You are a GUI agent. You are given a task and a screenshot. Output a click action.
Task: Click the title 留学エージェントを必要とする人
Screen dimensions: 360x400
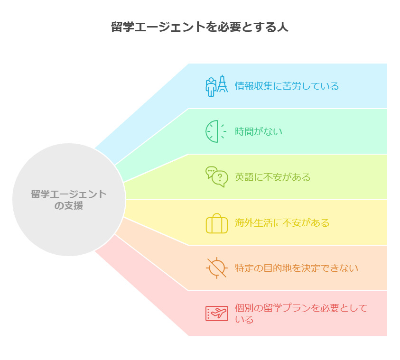pos(200,27)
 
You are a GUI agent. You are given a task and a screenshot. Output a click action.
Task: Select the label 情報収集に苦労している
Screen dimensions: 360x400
pos(287,86)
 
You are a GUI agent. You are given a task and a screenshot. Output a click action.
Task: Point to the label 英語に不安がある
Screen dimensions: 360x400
pos(272,177)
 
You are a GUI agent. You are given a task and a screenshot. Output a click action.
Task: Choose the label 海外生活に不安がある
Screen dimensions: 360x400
pos(282,223)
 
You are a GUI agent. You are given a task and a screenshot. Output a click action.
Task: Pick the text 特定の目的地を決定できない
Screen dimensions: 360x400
pos(296,268)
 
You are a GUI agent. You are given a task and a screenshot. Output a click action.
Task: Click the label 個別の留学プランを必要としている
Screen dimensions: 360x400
pos(301,314)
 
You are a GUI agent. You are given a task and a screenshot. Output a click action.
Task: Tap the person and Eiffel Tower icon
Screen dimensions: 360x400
pos(216,86)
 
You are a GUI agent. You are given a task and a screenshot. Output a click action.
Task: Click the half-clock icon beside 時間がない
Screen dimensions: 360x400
pos(216,131)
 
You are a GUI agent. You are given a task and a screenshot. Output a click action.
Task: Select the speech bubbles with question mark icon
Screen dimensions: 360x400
pos(216,177)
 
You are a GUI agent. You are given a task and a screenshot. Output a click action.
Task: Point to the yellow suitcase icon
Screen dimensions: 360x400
pos(216,223)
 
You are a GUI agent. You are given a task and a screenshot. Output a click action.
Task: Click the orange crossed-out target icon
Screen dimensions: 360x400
pos(216,268)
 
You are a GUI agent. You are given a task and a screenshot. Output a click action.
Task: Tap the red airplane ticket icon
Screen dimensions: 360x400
pos(216,314)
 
